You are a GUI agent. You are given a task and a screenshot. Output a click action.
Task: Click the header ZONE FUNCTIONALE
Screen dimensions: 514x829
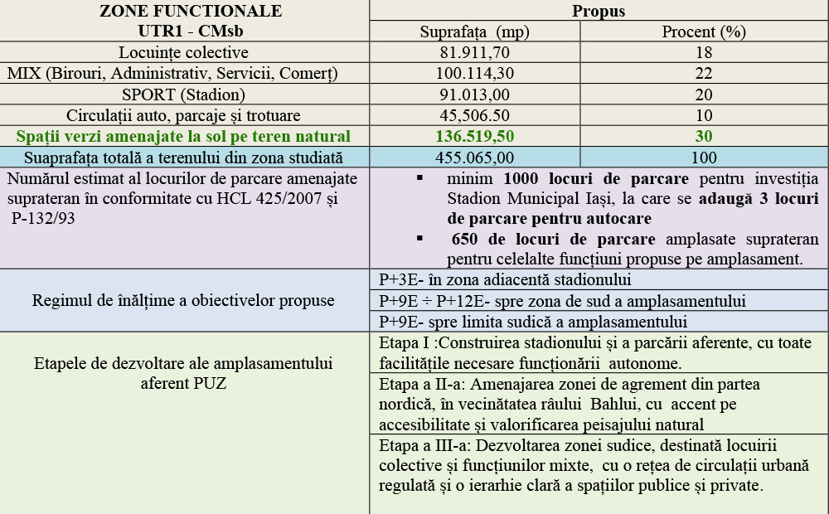pyautogui.click(x=190, y=12)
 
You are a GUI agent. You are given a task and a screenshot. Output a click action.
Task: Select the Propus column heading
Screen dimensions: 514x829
pyautogui.click(x=598, y=12)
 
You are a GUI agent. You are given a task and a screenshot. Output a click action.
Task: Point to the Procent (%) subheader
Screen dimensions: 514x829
pyautogui.click(x=704, y=32)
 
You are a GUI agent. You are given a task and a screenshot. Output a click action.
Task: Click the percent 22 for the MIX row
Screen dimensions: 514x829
pyautogui.click(x=704, y=74)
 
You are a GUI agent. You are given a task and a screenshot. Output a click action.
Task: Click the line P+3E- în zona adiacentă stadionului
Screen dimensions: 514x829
pyautogui.click(x=505, y=279)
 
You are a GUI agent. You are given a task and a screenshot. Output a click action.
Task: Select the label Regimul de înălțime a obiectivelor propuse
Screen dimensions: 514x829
pyautogui.click(x=183, y=300)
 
